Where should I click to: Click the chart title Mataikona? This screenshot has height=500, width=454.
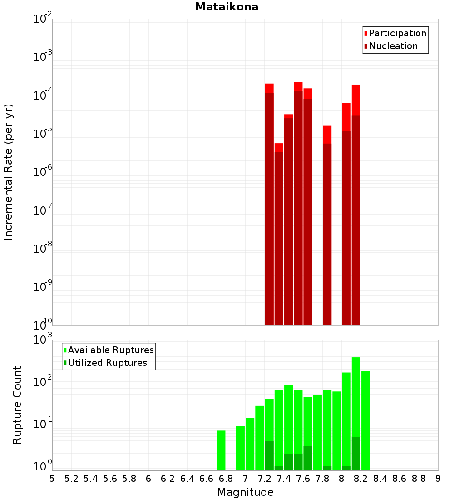(x=227, y=7)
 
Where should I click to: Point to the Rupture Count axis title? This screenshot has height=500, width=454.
(x=17, y=405)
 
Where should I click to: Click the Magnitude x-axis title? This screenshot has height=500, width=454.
(x=245, y=492)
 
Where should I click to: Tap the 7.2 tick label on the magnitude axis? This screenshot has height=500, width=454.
(x=264, y=479)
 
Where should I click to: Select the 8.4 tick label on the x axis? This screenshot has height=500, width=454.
(x=380, y=479)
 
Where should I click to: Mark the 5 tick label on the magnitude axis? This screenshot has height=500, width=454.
(x=52, y=479)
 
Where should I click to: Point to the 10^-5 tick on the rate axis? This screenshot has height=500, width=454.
(x=43, y=134)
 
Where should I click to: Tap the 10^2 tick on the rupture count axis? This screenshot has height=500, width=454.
(x=43, y=382)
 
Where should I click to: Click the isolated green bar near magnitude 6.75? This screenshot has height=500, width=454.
(x=221, y=450)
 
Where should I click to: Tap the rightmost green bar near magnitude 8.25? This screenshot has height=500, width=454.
(x=366, y=420)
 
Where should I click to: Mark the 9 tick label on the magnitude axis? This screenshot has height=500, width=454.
(x=438, y=479)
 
